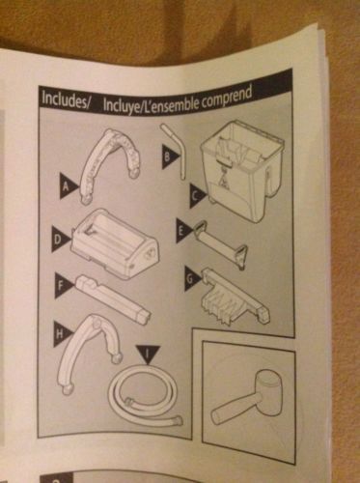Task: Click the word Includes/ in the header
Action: (65, 99)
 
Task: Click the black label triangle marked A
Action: (69, 186)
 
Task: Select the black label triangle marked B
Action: (170, 156)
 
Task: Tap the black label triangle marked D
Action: (61, 240)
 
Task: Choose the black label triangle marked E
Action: (184, 231)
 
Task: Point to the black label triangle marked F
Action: (65, 286)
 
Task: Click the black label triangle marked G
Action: (192, 278)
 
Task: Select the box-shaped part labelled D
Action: (115, 243)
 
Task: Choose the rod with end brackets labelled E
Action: (220, 244)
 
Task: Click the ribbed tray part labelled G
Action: (235, 298)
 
